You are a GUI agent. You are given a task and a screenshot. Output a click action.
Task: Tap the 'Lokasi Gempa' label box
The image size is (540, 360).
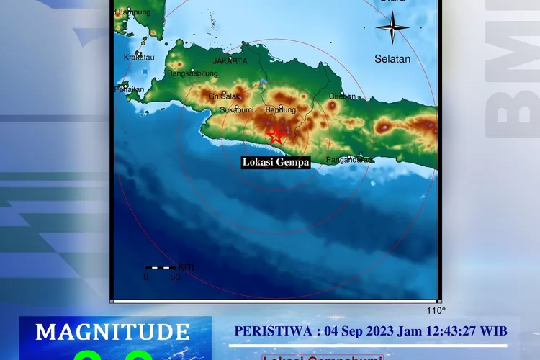(276, 163)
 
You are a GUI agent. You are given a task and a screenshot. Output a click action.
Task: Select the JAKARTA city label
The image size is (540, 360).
(230, 61)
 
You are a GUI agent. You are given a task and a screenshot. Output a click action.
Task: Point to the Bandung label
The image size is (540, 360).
(281, 110)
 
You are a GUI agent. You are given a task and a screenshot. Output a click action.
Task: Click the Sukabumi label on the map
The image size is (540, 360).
(236, 110)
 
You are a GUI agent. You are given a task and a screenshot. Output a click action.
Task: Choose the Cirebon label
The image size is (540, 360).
(342, 96)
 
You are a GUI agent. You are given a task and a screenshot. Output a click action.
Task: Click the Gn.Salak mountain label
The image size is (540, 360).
(223, 96)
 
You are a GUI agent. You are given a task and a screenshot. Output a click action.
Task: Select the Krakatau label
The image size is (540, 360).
(139, 57)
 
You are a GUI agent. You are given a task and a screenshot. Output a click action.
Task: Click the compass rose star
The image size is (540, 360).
(392, 30)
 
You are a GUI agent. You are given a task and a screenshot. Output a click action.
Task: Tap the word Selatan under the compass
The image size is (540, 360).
(392, 59)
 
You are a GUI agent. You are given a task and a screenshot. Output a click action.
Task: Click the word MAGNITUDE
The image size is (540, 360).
(113, 332)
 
